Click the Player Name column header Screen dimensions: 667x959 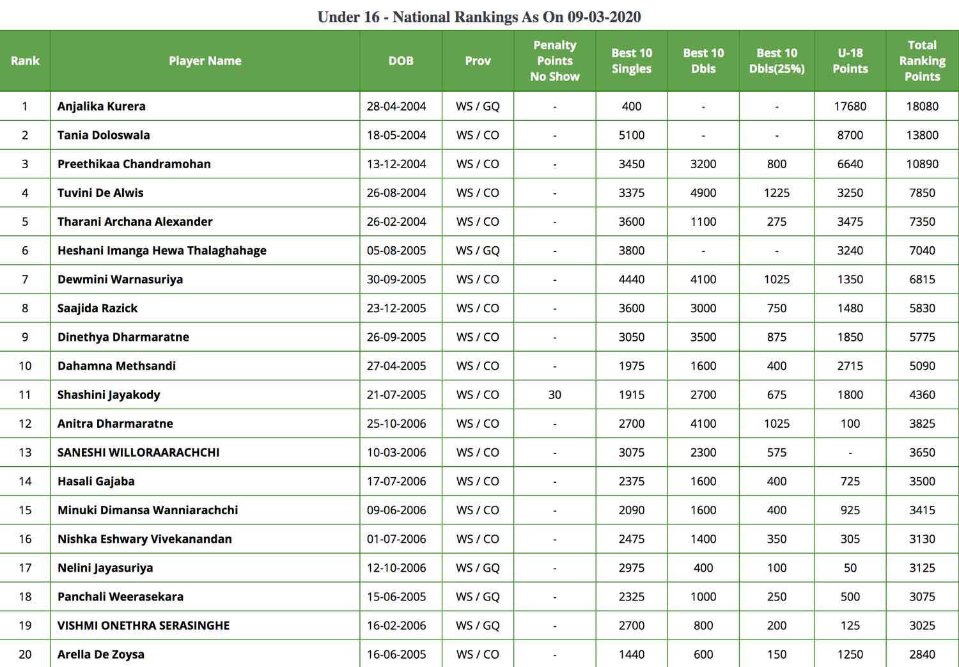click(x=205, y=61)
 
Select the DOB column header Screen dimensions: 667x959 click(x=401, y=61)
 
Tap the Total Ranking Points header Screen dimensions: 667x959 click(x=922, y=61)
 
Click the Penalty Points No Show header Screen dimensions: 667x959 click(x=554, y=61)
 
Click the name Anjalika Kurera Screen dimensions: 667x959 click(x=102, y=106)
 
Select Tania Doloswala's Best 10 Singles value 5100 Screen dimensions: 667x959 click(x=631, y=135)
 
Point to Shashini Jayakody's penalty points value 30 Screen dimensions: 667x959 click(x=554, y=395)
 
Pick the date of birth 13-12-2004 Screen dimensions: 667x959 click(x=396, y=164)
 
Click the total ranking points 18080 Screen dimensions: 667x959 click(x=922, y=106)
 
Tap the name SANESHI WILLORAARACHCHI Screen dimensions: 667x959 click(x=138, y=452)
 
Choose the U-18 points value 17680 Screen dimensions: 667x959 click(x=850, y=106)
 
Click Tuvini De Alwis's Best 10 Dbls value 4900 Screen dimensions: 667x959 click(x=703, y=192)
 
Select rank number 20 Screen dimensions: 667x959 click(x=25, y=654)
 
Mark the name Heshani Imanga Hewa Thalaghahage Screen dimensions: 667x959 click(x=162, y=250)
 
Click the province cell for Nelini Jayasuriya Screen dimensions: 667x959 click(x=478, y=567)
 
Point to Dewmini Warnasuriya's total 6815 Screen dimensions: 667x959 click(x=922, y=279)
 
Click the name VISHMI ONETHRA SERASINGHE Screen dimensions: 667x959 click(x=143, y=625)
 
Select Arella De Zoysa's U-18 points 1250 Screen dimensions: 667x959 click(x=850, y=654)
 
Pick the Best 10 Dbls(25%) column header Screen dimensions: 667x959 click(x=776, y=61)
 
